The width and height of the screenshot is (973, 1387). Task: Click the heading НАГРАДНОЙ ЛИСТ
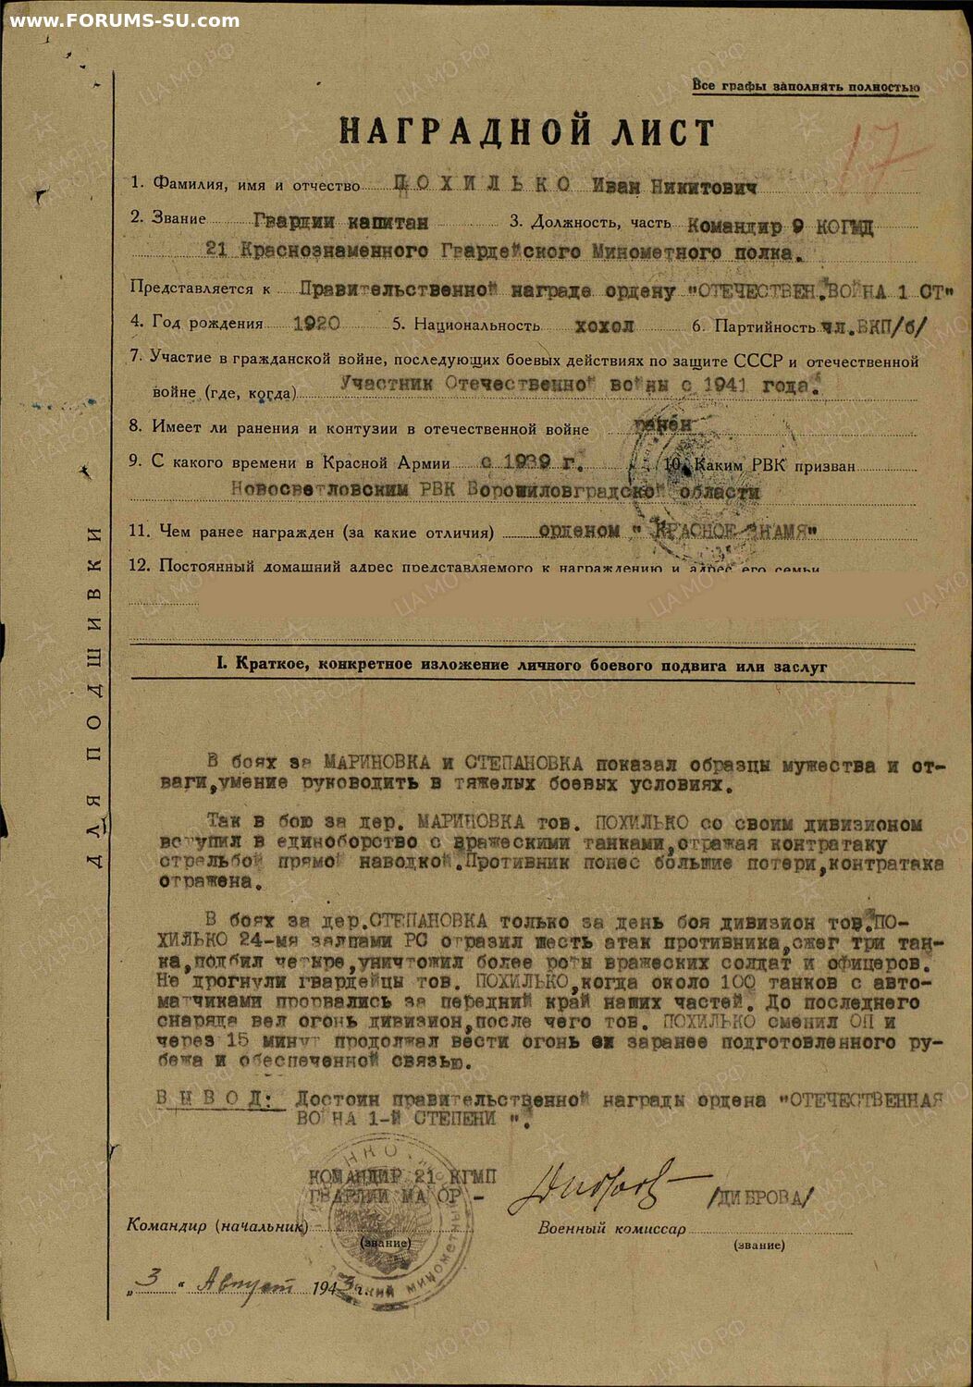pyautogui.click(x=526, y=132)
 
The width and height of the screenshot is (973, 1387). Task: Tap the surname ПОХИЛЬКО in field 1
pyautogui.click(x=482, y=185)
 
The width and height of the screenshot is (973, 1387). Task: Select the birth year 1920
pyautogui.click(x=315, y=325)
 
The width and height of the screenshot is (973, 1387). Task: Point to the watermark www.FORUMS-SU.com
pyautogui.click(x=124, y=20)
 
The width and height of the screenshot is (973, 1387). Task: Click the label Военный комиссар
pyautogui.click(x=611, y=1229)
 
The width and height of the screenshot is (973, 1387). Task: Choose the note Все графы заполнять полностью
pyautogui.click(x=806, y=87)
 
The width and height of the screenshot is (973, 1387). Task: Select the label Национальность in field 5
pyautogui.click(x=476, y=325)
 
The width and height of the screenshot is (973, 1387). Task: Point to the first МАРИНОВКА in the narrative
pyautogui.click(x=376, y=764)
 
